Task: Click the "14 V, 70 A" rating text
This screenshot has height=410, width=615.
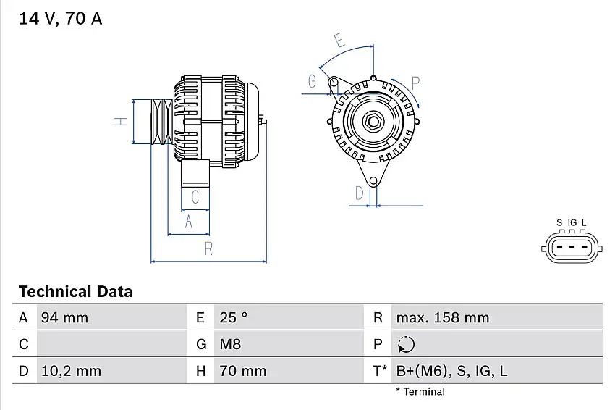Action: click(60, 20)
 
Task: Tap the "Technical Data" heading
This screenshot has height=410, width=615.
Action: click(75, 292)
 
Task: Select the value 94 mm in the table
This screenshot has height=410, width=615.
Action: click(64, 317)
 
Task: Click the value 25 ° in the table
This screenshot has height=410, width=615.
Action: click(234, 317)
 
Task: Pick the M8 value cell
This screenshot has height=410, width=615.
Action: click(231, 344)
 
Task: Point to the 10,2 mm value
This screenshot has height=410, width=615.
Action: click(70, 371)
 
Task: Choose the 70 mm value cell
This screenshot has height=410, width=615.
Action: click(242, 371)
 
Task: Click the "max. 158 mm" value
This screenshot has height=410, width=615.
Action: click(442, 317)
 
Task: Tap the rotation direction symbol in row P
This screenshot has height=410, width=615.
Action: click(407, 344)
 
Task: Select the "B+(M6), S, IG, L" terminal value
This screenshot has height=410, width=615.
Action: click(451, 371)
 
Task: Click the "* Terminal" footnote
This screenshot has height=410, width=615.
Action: click(420, 392)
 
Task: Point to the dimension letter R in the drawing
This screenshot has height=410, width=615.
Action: click(208, 249)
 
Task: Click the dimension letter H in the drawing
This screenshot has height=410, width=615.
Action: click(122, 121)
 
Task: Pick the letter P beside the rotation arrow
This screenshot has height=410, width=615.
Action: click(416, 82)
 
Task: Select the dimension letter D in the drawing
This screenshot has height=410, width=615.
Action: click(359, 193)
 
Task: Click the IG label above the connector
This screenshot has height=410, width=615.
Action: click(572, 222)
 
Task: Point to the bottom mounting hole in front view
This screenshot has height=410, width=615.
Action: click(373, 181)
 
